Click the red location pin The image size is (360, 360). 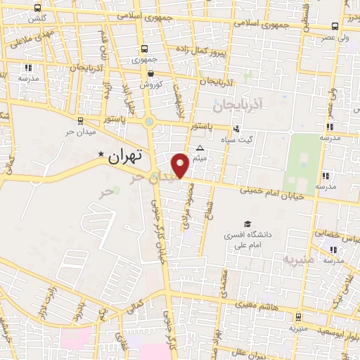coord(181,165)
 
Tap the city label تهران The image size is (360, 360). coord(126,156)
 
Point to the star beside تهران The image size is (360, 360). coord(101,155)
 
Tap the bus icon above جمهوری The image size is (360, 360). coord(144,49)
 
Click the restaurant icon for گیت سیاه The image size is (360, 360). coord(236,129)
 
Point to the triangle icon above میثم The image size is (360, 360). coord(200,148)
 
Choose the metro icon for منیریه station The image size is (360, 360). coord(298,317)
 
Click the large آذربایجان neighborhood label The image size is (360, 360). coord(240,103)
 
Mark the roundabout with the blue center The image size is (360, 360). coord(150,122)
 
